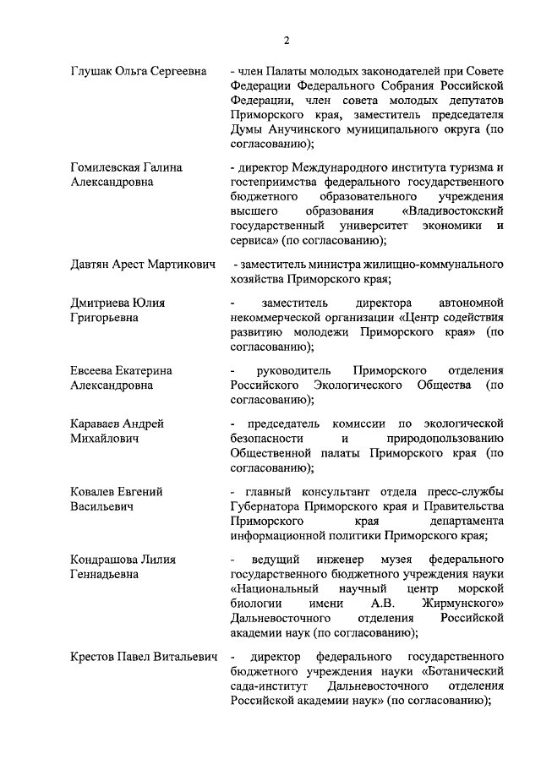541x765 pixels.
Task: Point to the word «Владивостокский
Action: click(455, 210)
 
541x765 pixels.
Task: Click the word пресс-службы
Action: click(468, 492)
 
